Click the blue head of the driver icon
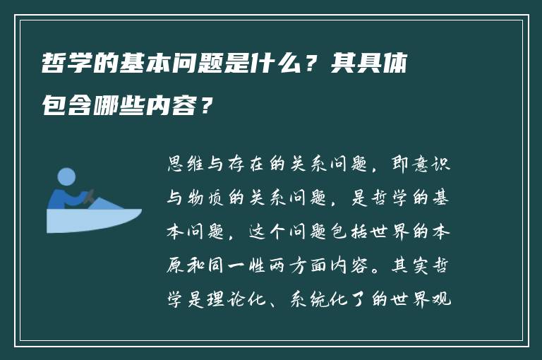[x=66, y=176]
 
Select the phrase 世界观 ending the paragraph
[x=430, y=301]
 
